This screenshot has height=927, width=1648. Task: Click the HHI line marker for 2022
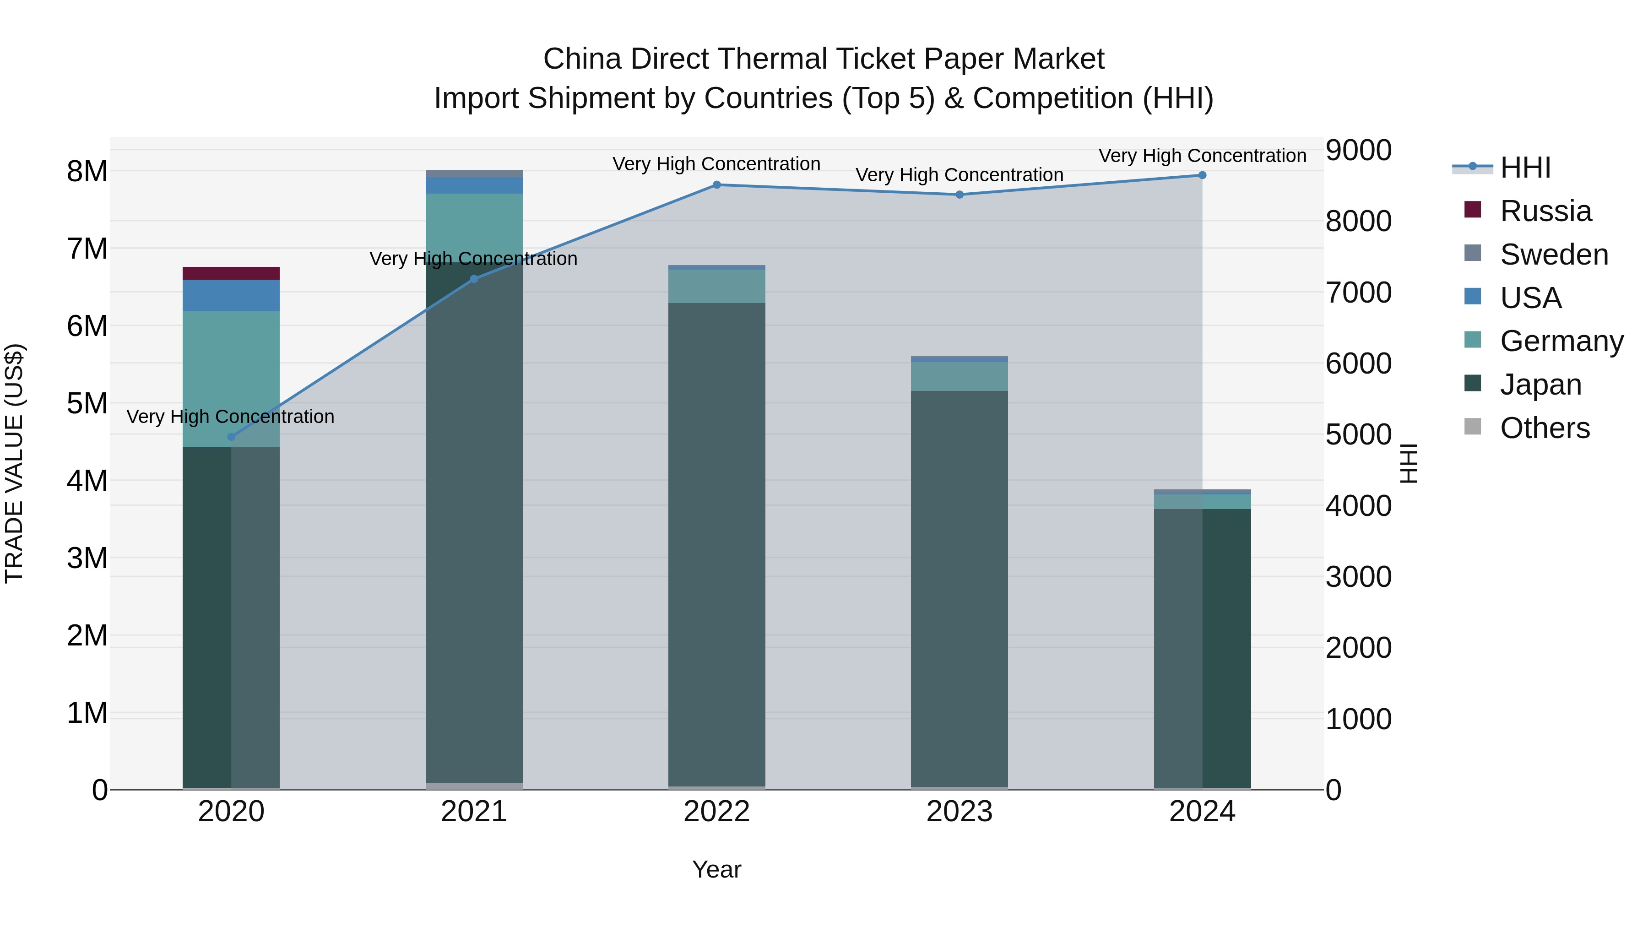click(x=716, y=185)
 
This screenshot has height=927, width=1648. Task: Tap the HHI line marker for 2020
click(x=232, y=437)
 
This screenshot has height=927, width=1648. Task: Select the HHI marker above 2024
click(x=1202, y=175)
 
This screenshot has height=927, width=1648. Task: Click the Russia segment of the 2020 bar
click(x=231, y=273)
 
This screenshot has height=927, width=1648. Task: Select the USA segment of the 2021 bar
click(x=474, y=185)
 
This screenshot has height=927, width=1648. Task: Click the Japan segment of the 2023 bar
click(x=959, y=589)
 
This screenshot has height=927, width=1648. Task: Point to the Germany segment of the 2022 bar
click(x=716, y=286)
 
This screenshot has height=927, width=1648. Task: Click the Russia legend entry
click(x=1545, y=211)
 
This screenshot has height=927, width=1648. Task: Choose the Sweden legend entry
click(x=1553, y=255)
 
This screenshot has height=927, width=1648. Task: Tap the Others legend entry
click(x=1545, y=428)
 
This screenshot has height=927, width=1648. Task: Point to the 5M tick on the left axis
click(x=87, y=404)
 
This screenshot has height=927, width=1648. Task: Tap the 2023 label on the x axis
click(x=959, y=812)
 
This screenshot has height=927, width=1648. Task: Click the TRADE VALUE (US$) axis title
click(x=14, y=463)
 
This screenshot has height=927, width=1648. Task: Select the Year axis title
click(x=716, y=869)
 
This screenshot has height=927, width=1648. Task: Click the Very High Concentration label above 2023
click(x=959, y=175)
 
